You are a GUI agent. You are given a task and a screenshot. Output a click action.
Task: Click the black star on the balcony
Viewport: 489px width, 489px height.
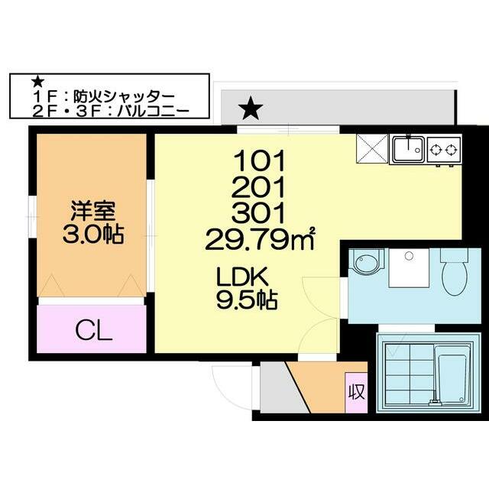tap(250, 109)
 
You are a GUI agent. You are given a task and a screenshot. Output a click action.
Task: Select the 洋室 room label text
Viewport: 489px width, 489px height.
tap(92, 209)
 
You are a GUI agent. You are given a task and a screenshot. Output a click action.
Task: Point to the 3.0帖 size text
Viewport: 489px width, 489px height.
tap(92, 233)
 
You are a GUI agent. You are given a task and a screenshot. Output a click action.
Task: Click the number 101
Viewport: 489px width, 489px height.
tap(260, 161)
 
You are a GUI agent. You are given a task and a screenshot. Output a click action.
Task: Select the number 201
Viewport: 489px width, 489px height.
tap(260, 186)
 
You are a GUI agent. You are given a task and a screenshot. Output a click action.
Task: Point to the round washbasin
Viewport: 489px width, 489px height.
tap(364, 263)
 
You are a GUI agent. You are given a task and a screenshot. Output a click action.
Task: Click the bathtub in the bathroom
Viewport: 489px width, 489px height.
tap(452, 377)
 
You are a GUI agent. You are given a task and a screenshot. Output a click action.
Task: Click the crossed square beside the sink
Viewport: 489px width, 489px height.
tap(372, 149)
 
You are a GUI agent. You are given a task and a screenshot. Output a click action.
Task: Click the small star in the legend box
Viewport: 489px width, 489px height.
tap(34, 81)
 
